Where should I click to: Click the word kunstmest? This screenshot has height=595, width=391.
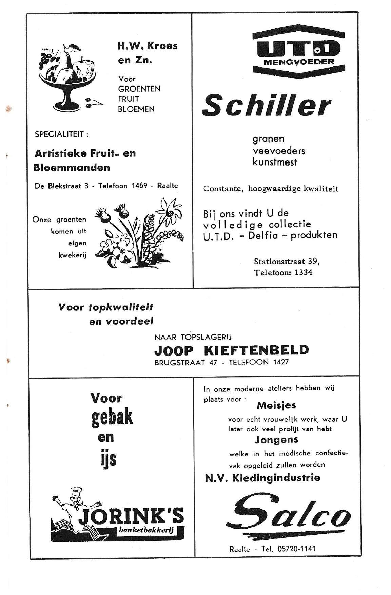[275, 162]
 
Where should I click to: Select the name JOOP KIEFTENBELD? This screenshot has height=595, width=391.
[232, 349]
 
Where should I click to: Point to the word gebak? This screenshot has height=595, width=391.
[112, 418]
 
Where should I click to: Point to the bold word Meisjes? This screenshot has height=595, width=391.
[276, 405]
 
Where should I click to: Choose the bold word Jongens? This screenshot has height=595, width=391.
[276, 440]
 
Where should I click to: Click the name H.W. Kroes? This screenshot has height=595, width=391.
[147, 46]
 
